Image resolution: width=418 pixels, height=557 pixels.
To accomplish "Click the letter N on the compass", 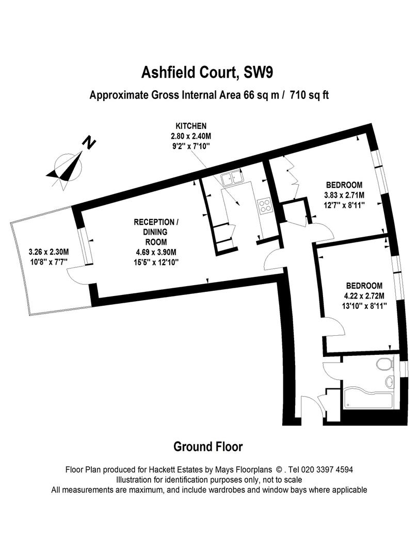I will (x=90, y=142).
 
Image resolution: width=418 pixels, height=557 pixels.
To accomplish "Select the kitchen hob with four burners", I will (x=265, y=206).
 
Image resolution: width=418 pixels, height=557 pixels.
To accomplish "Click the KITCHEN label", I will (x=191, y=126).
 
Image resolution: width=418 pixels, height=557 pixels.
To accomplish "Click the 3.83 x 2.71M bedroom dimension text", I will (x=344, y=195).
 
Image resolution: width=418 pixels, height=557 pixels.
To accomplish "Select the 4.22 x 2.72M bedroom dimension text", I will (x=364, y=296).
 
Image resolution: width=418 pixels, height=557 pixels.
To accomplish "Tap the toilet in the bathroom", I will (x=383, y=365).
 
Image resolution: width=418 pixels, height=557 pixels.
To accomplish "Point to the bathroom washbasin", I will (x=390, y=382).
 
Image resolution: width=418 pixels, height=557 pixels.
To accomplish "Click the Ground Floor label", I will (x=208, y=447).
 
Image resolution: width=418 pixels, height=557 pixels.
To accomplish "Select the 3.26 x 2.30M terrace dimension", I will (x=49, y=252).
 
